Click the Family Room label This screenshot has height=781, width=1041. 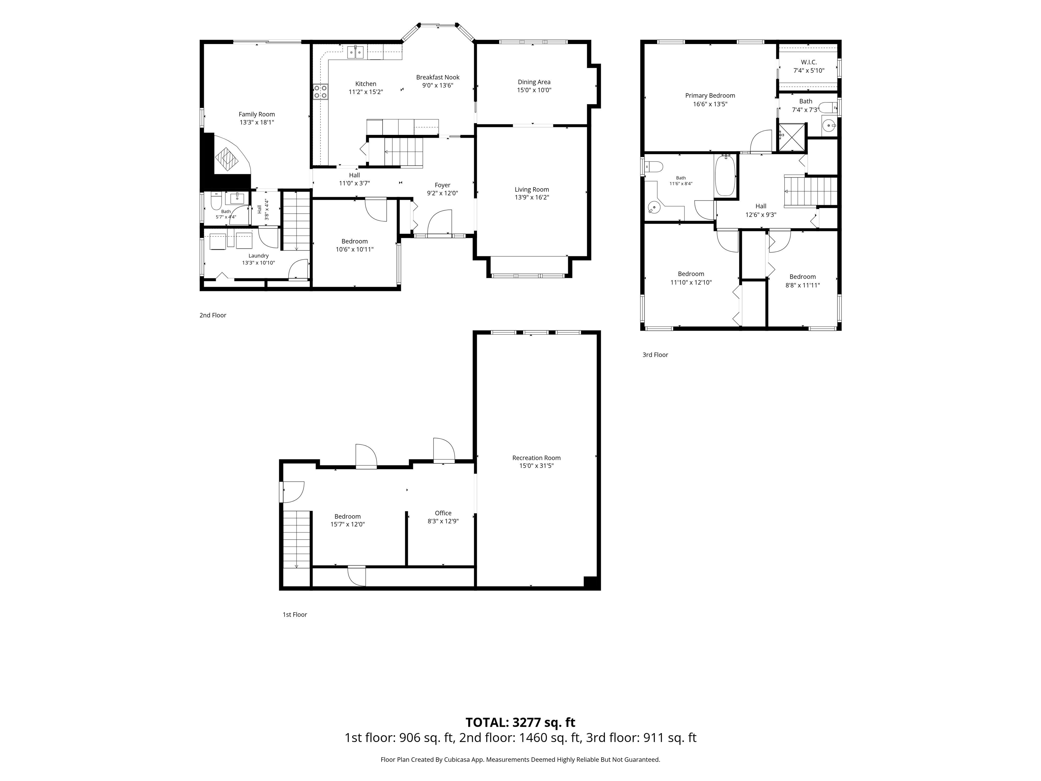tap(257, 114)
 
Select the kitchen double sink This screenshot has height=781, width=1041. tap(356, 52)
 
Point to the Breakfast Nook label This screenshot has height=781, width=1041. tap(438, 77)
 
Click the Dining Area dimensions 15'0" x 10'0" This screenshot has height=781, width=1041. tap(534, 90)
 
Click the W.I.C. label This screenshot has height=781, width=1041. tap(809, 62)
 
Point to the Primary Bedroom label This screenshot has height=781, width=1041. tap(710, 96)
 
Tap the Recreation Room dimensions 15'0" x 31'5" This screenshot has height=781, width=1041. tap(536, 466)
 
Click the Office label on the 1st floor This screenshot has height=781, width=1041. tap(443, 513)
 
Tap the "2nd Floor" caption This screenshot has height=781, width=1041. tap(213, 315)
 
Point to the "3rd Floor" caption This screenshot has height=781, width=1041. tap(655, 355)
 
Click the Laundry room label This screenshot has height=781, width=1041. tap(258, 256)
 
